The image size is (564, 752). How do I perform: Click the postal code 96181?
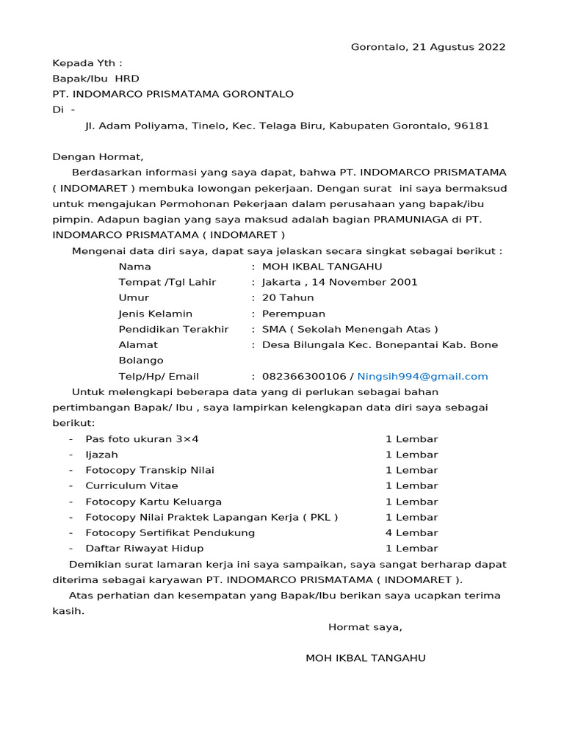coord(471,126)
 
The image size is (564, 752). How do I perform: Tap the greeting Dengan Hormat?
coord(98,156)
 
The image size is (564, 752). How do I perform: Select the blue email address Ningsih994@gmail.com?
coord(422,376)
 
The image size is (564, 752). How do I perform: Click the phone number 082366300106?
coord(304,376)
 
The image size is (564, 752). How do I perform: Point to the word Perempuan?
coord(294,314)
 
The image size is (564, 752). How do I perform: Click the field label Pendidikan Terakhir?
coord(173,329)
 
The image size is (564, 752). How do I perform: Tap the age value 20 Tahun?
coord(288,297)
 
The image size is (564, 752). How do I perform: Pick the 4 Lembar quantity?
coord(411,532)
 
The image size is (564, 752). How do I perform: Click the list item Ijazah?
coord(101,455)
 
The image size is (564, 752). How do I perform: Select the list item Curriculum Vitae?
coord(131,485)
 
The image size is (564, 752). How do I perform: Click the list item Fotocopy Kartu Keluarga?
coord(153,502)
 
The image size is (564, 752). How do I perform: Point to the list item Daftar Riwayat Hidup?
coord(145,548)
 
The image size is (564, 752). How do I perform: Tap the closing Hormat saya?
coord(365,627)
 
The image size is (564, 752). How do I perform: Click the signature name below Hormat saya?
coord(365,658)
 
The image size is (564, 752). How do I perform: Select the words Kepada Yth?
coord(87,63)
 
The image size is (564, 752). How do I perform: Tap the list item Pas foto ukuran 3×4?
coord(142,439)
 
